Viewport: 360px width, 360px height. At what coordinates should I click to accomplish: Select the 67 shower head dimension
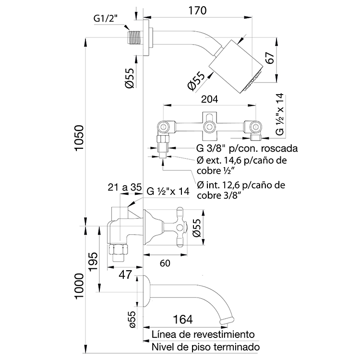[x=270, y=59]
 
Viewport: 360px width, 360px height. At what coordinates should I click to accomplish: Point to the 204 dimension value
[x=210, y=99]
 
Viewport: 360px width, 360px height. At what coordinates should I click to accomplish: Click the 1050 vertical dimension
[x=79, y=139]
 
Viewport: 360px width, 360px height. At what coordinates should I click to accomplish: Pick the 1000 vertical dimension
[x=79, y=287]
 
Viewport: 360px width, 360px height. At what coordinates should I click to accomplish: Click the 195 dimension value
[x=94, y=261]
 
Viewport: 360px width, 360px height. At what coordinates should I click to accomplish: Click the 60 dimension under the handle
[x=165, y=263]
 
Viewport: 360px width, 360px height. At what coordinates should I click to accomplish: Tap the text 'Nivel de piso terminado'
[x=205, y=347]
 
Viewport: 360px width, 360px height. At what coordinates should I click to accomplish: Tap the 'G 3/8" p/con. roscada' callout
[x=247, y=147]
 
